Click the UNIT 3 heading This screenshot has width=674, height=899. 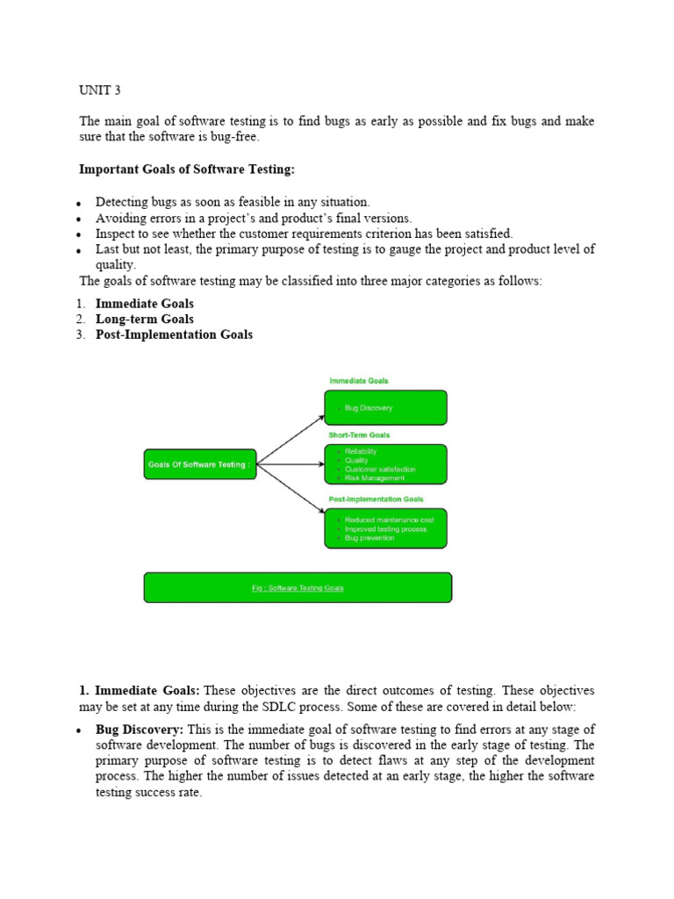99,89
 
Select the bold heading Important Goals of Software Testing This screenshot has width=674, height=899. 187,169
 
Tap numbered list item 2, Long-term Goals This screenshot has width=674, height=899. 145,319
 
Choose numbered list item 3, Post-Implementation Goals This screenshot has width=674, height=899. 174,334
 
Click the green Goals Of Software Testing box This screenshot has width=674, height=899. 200,464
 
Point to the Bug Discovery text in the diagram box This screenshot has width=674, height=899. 369,408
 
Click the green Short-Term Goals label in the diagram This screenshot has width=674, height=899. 359,435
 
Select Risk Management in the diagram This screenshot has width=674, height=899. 375,478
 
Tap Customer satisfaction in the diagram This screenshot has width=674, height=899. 380,470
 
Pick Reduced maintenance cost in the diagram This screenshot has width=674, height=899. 389,520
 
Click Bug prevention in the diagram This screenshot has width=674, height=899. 369,538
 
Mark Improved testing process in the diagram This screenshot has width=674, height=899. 386,529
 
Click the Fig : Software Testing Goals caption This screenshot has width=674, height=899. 298,588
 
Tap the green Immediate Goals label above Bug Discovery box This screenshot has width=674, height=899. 359,381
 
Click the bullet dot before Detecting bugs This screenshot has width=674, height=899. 79,204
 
